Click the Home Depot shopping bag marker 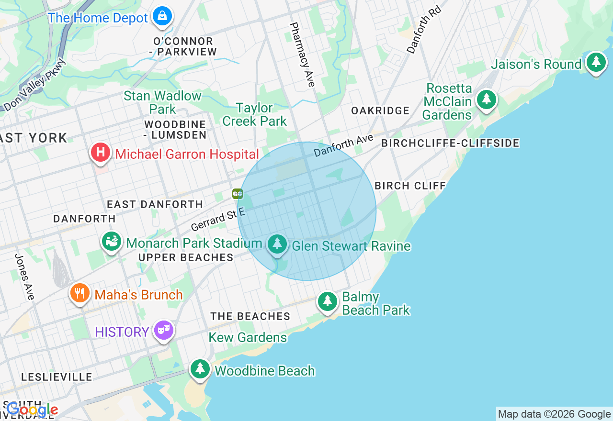click(162, 16)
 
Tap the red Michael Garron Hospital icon click(100, 153)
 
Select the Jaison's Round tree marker click(596, 63)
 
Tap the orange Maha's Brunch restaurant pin click(80, 293)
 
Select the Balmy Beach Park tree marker click(328, 301)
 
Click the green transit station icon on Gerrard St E click(238, 194)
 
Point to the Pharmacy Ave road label click(303, 55)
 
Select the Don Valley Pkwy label click(35, 85)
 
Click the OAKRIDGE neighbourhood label click(380, 111)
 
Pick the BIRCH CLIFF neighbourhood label click(410, 186)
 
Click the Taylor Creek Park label click(254, 115)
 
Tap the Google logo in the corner click(32, 410)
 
